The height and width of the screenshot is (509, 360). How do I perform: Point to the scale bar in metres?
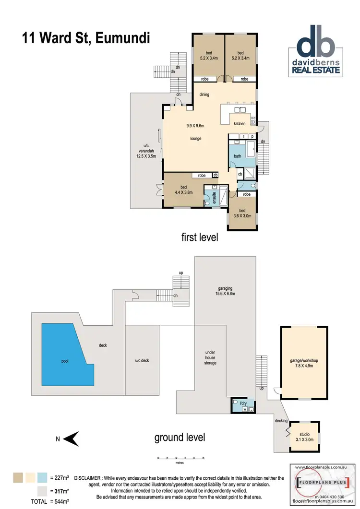point(180,460)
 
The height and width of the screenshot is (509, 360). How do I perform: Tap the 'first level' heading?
point(200,237)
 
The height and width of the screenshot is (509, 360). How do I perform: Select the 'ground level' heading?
point(180,437)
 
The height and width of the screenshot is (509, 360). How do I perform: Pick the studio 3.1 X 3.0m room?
point(303,437)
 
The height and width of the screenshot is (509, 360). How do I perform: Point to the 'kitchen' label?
point(240,124)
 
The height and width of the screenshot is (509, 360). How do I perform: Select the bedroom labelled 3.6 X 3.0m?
point(242,213)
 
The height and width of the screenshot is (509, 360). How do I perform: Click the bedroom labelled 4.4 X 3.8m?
point(183,190)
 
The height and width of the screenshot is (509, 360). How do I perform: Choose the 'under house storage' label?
point(210,357)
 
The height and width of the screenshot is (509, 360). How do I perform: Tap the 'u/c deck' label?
point(142,360)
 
